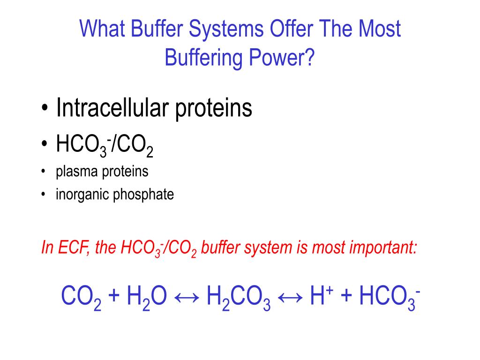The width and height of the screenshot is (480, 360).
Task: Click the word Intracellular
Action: [113, 108]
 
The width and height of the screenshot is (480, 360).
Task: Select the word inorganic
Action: [82, 194]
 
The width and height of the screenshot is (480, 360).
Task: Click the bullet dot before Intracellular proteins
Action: [44, 109]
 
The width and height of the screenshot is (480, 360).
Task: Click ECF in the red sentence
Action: [71, 247]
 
